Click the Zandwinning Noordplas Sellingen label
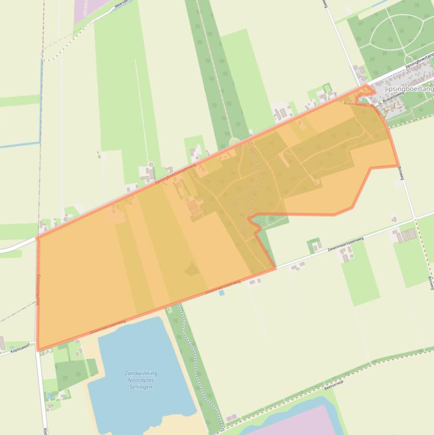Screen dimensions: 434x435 (141, 380)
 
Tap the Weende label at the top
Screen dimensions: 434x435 (122, 4)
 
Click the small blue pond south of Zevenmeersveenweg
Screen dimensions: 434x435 (221, 293)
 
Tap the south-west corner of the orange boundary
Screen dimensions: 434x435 (38, 349)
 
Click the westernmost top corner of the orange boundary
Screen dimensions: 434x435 (37, 237)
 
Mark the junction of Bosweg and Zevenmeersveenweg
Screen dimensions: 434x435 (415, 218)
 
